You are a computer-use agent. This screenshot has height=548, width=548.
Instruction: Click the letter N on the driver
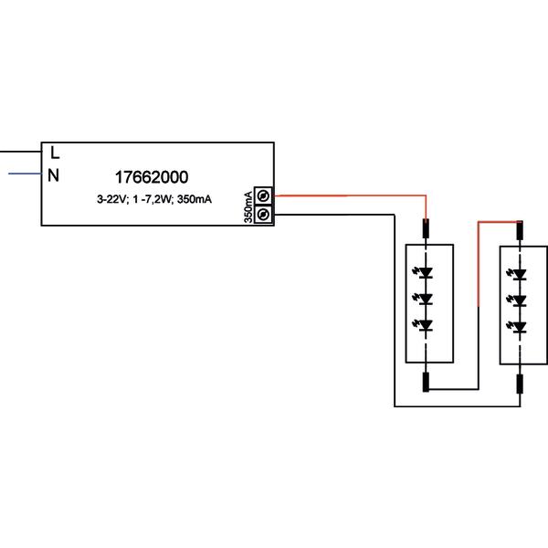[x=54, y=175]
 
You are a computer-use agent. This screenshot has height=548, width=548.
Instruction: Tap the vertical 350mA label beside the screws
[x=248, y=205]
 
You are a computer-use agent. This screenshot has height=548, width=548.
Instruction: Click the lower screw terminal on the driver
[x=264, y=214]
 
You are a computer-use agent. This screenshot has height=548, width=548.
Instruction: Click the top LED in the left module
[x=426, y=272]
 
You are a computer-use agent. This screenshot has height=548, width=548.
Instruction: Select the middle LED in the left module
[x=426, y=299]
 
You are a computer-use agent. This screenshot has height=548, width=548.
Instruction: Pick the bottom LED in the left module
[x=426, y=325]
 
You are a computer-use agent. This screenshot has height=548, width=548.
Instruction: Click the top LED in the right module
[x=520, y=273]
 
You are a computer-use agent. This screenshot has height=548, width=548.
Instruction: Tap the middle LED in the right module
[x=520, y=300]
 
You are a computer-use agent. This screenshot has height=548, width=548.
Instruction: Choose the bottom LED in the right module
[x=520, y=326]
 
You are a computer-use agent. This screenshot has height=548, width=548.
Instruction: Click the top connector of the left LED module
[x=426, y=232]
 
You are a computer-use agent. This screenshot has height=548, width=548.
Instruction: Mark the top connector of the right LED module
[x=520, y=232]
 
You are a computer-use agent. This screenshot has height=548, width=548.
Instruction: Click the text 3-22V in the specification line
[x=112, y=198]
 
